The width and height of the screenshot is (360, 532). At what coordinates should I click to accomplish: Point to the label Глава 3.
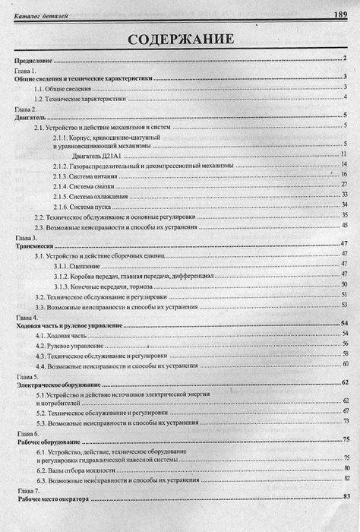click(25, 238)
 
